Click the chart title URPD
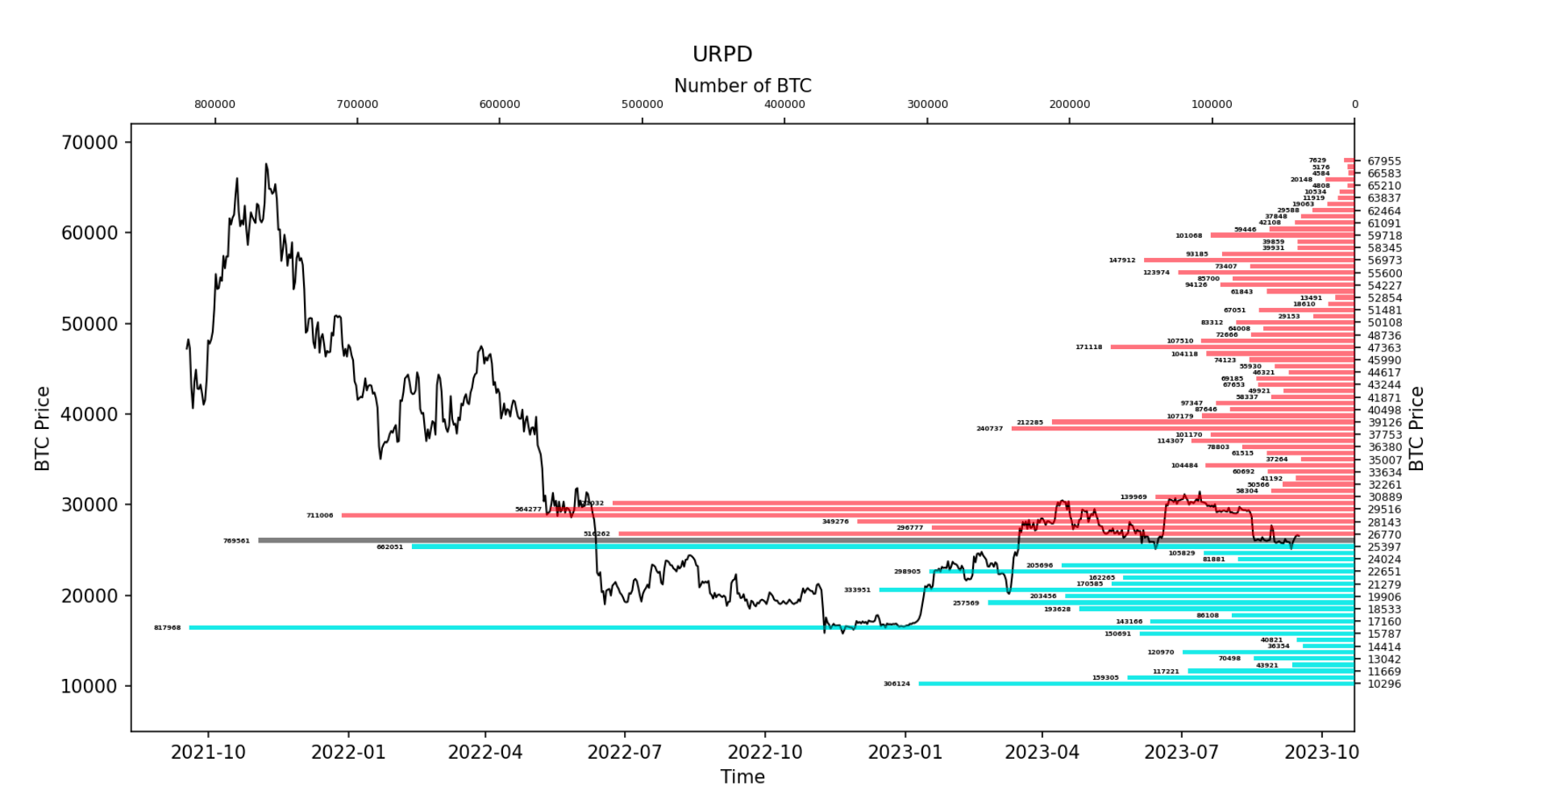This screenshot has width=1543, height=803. click(722, 54)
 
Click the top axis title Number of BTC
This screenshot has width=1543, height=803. click(742, 85)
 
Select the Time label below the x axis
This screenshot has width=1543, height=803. click(742, 776)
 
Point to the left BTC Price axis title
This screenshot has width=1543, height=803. click(43, 428)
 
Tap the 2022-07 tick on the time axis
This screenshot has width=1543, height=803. click(625, 752)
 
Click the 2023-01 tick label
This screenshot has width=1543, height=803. click(905, 752)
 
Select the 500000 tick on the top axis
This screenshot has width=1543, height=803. click(643, 104)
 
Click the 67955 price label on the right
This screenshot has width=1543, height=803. click(1383, 161)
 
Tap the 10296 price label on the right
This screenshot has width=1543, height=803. click(1383, 684)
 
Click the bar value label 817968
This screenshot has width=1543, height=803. click(168, 627)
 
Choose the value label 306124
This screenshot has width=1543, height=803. click(896, 684)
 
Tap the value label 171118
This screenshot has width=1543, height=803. click(1088, 347)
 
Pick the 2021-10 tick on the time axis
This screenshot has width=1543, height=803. click(208, 752)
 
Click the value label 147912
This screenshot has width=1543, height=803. click(1121, 260)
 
